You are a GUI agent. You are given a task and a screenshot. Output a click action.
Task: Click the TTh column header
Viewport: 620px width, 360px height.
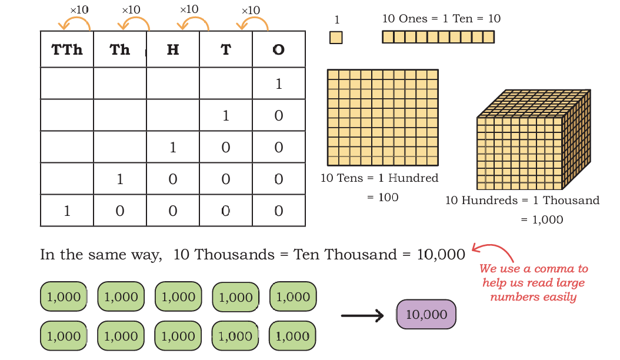tap(67, 50)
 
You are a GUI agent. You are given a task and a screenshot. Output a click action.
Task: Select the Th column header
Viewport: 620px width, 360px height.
tap(120, 50)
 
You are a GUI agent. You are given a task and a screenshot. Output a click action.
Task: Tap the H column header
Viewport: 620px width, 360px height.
tap(173, 50)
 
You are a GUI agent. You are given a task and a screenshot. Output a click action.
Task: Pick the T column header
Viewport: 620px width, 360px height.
tap(226, 50)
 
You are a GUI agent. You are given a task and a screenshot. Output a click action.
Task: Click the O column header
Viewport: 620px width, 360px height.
tap(279, 50)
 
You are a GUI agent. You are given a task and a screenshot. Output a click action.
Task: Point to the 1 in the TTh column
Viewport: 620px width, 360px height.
tap(67, 211)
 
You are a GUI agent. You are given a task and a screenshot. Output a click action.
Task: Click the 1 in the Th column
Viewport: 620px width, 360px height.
tap(120, 179)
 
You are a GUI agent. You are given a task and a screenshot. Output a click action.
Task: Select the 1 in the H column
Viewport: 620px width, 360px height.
tap(173, 148)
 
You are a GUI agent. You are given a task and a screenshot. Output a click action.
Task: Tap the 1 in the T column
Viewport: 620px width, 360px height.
tap(226, 115)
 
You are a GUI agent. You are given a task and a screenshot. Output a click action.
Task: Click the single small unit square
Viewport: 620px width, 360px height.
tap(336, 38)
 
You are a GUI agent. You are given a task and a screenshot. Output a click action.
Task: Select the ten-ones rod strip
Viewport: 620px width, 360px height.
tap(438, 37)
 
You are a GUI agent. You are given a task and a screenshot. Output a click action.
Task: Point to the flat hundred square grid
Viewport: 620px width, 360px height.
tap(383, 118)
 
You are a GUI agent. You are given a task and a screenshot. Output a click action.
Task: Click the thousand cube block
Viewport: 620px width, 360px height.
tap(534, 139)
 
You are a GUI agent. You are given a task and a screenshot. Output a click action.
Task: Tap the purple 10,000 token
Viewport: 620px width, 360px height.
tap(426, 315)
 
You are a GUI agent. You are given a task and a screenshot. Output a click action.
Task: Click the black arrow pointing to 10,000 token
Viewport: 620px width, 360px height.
tap(362, 316)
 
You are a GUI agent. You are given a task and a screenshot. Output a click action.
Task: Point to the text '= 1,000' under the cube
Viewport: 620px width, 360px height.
tap(542, 219)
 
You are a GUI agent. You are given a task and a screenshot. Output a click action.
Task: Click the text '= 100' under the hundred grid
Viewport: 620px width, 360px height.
tap(382, 197)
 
